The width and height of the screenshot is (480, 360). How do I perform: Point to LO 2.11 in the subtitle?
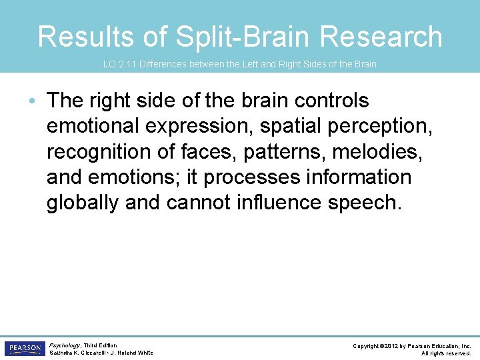(x=118, y=65)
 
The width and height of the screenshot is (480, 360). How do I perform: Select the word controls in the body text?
(x=343, y=101)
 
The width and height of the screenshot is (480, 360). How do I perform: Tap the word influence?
(x=279, y=203)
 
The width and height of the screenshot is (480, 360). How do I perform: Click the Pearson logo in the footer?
(x=24, y=348)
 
